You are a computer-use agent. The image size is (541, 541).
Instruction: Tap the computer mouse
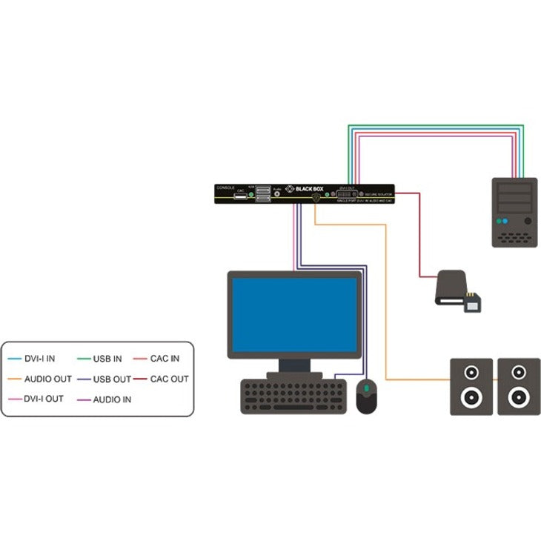tap(367, 397)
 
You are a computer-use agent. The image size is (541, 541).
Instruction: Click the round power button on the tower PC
tap(528, 221)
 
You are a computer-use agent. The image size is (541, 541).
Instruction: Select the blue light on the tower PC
tap(502, 221)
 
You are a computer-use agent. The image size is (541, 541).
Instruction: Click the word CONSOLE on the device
tap(226, 187)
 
